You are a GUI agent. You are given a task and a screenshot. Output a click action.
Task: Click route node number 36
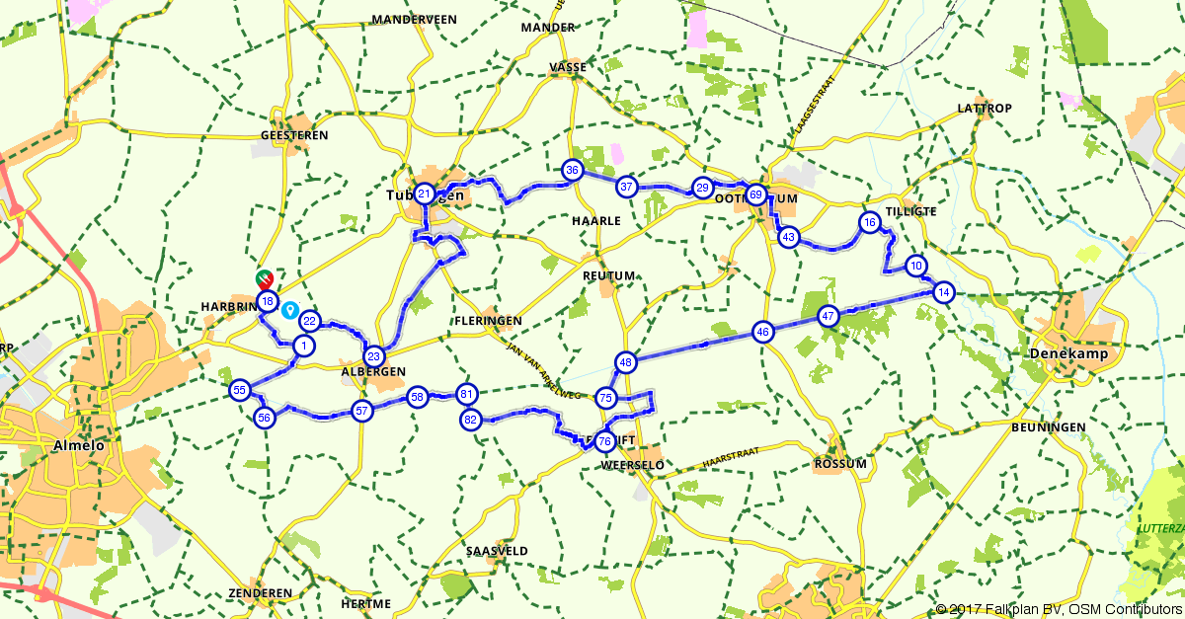click(572, 170)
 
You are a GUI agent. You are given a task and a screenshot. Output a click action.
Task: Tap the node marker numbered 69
click(755, 194)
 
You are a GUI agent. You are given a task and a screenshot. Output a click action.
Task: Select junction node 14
click(944, 292)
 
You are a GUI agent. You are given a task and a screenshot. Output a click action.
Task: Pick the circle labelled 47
click(829, 317)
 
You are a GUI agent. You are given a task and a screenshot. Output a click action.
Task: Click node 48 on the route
click(625, 362)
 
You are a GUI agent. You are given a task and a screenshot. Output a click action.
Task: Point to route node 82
click(470, 420)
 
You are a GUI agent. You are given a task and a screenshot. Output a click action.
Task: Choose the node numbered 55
click(239, 391)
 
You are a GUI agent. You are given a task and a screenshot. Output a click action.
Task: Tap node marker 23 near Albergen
click(373, 356)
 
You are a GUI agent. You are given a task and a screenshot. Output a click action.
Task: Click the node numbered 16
click(869, 222)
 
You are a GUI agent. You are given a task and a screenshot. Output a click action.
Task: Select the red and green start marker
click(265, 279)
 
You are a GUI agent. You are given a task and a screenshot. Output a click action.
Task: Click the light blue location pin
click(290, 310)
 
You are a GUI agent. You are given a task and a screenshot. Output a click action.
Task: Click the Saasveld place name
click(497, 551)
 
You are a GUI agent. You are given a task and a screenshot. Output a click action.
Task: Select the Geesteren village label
click(293, 135)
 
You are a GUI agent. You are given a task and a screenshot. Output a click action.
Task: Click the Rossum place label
click(840, 464)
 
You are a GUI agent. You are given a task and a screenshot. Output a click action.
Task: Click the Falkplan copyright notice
click(1058, 609)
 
